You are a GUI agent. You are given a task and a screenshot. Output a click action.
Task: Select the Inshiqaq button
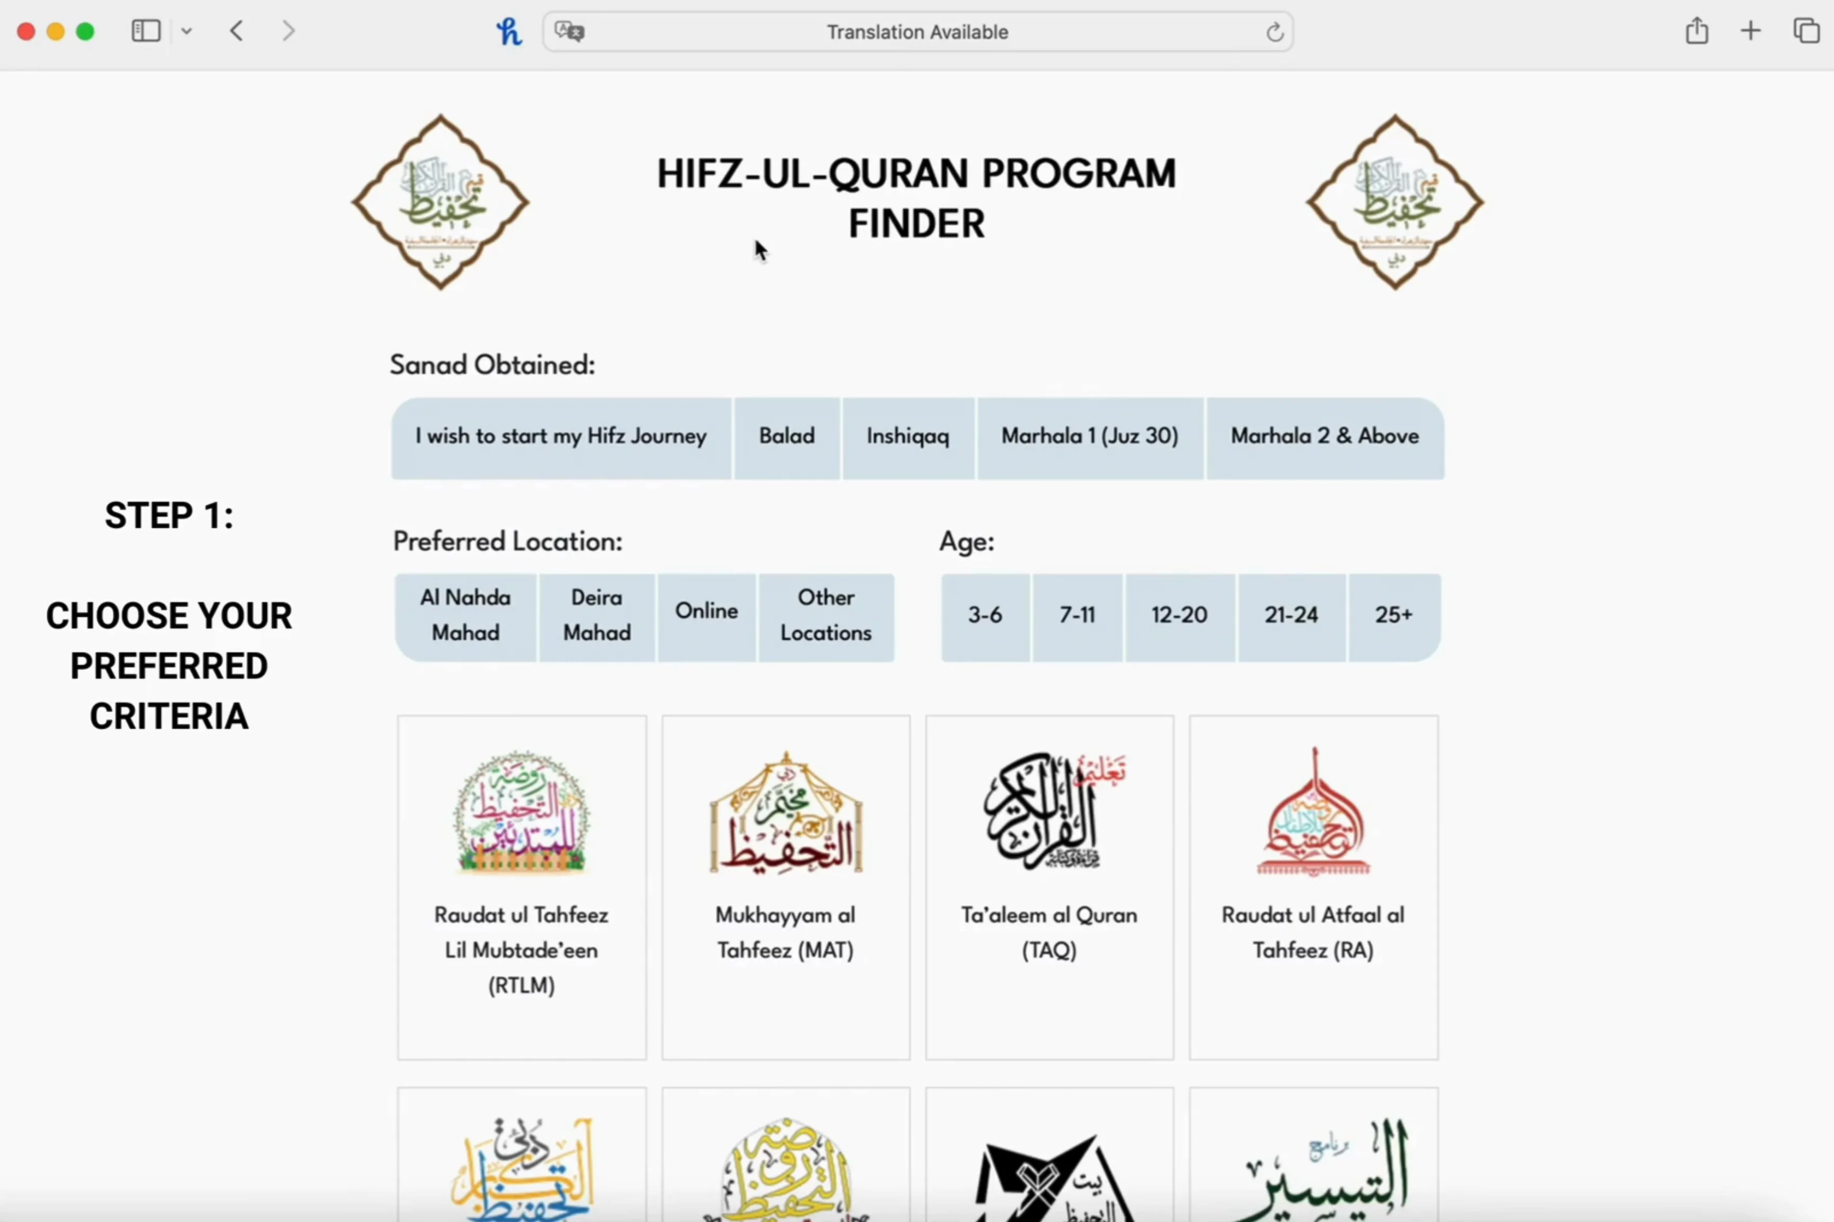pyautogui.click(x=908, y=436)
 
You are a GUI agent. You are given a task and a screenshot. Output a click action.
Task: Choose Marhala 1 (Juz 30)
pyautogui.click(x=1089, y=436)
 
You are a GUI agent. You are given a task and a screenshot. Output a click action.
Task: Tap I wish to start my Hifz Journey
pyautogui.click(x=561, y=436)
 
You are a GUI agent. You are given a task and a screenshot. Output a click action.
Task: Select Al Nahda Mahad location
pyautogui.click(x=465, y=616)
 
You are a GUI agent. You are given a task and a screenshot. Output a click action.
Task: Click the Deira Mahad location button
pyautogui.click(x=597, y=616)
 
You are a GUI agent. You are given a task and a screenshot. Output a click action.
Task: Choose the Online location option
pyautogui.click(x=706, y=612)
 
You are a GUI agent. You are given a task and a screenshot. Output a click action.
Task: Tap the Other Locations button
pyautogui.click(x=826, y=616)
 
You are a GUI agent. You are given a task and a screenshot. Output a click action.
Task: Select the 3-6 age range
pyautogui.click(x=985, y=616)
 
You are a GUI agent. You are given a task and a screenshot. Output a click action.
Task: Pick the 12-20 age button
pyautogui.click(x=1179, y=616)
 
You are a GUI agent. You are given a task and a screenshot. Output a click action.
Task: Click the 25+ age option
pyautogui.click(x=1393, y=616)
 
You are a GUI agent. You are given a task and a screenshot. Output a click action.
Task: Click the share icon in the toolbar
pyautogui.click(x=1697, y=31)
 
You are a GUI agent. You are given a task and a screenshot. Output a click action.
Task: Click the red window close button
pyautogui.click(x=25, y=31)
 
